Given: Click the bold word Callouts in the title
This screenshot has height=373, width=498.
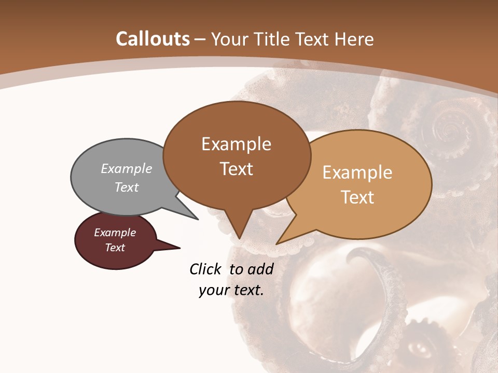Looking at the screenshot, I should point(153,39).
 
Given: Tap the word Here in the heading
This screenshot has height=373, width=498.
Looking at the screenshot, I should point(354,39).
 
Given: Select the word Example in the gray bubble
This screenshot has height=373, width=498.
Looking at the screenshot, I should point(127,169).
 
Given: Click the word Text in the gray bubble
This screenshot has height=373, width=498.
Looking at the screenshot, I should point(127,187).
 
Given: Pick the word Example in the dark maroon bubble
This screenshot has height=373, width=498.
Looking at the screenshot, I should point(115,233).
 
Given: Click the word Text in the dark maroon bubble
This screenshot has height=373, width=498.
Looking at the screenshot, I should point(115,248).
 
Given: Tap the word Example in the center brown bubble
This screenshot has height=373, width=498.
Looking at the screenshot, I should point(236,144).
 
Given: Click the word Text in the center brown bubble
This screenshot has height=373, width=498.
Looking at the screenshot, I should point(236,169).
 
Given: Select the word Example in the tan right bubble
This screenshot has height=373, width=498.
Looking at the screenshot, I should point(357,173).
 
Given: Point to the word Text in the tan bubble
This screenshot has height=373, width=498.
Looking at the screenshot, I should point(357,197).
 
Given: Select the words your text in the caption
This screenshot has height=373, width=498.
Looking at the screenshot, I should point(231,290).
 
